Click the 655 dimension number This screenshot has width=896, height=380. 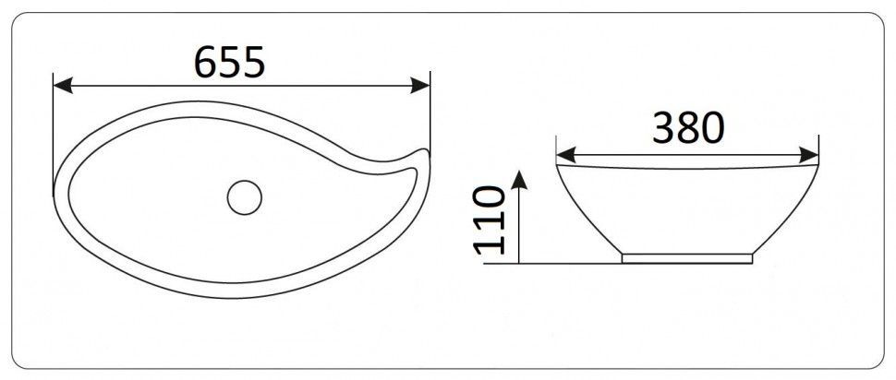[230, 62]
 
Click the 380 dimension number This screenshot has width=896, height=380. [687, 129]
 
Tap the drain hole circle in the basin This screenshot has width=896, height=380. [246, 196]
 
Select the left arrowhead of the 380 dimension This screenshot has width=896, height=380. [563, 153]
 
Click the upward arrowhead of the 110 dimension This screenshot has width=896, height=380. [520, 178]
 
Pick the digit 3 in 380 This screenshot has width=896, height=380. [664, 129]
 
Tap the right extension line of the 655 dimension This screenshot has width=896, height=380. [430, 111]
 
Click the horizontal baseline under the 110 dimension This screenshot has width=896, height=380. [554, 264]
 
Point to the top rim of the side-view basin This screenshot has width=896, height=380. [687, 166]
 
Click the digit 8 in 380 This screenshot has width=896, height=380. [688, 129]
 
